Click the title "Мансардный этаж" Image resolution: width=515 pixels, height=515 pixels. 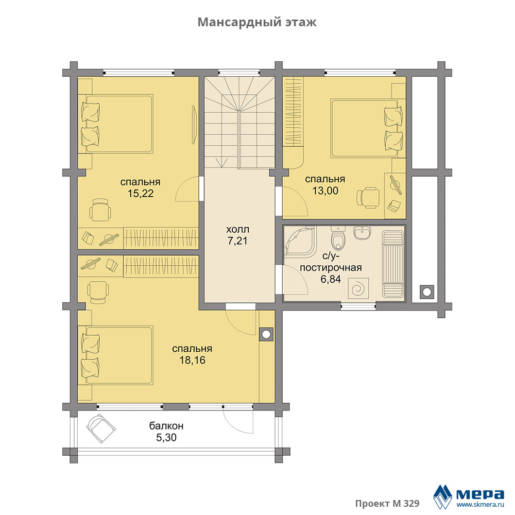point(257,22)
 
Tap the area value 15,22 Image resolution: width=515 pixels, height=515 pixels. point(141,194)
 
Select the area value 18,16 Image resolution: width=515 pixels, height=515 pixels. point(192,360)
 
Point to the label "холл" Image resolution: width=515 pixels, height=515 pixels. point(237,229)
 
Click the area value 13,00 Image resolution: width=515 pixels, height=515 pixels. point(325,191)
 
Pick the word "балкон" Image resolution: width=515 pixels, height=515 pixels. point(166,426)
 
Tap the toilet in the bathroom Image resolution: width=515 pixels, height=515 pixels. point(338,238)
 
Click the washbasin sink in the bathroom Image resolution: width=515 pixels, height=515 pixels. point(362,233)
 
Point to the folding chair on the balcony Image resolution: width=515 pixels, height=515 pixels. point(101,428)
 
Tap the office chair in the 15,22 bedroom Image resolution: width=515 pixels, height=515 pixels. point(100,210)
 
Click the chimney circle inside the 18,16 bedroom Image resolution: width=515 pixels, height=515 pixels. point(266,334)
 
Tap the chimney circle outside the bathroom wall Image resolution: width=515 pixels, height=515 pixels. point(427,291)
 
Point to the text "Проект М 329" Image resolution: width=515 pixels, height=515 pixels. point(387,503)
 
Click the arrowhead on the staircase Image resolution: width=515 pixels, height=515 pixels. point(221,162)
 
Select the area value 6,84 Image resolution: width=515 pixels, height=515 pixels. point(331,279)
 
